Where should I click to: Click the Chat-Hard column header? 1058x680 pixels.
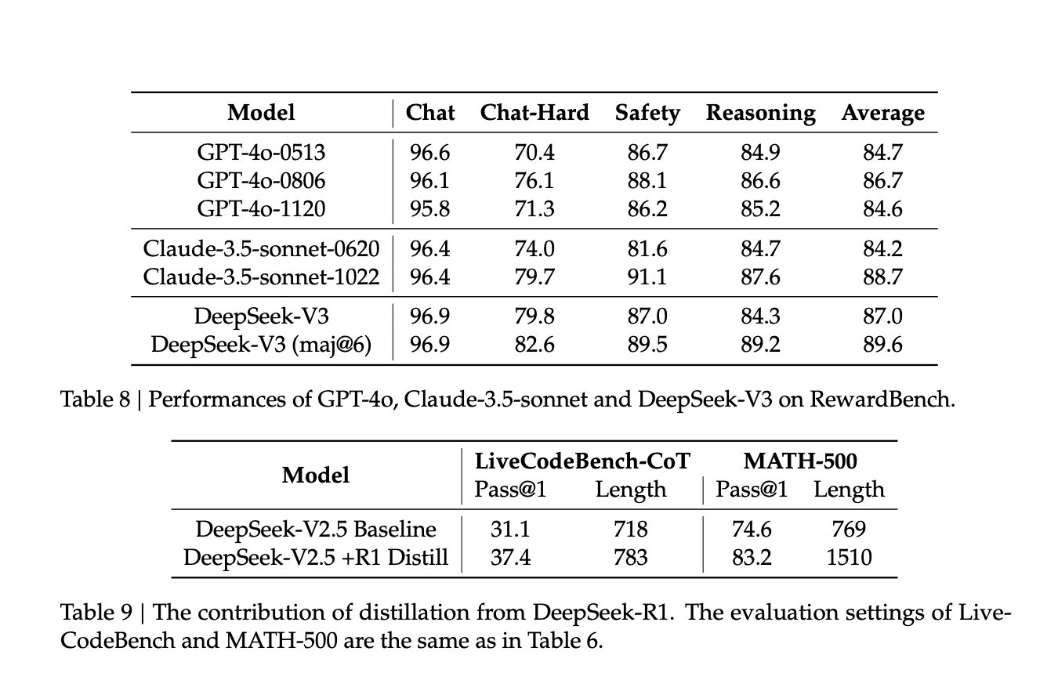tap(534, 113)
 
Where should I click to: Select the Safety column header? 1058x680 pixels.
tap(647, 114)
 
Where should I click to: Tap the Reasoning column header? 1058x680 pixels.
tap(760, 114)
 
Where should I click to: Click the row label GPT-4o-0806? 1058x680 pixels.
tap(261, 180)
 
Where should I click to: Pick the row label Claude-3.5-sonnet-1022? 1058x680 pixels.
tap(261, 277)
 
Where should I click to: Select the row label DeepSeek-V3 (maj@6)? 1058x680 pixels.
tap(261, 345)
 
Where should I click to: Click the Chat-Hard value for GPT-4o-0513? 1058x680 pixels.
tap(534, 153)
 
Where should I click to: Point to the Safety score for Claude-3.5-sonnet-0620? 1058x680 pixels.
tap(647, 249)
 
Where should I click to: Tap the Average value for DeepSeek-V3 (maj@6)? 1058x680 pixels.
tap(882, 344)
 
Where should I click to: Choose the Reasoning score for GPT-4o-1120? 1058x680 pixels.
tap(760, 208)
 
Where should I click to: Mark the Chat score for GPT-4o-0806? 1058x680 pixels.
tap(429, 180)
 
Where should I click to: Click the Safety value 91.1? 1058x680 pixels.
tap(647, 277)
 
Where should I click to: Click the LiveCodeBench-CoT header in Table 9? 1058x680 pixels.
tap(582, 461)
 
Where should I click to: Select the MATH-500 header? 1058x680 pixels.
tap(800, 461)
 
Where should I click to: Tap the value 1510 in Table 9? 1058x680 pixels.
tap(849, 558)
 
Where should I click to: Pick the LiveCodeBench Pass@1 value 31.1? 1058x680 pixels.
tap(510, 530)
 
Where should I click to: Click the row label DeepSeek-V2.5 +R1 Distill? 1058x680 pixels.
tap(316, 558)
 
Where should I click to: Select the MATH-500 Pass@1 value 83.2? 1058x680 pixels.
tap(752, 558)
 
